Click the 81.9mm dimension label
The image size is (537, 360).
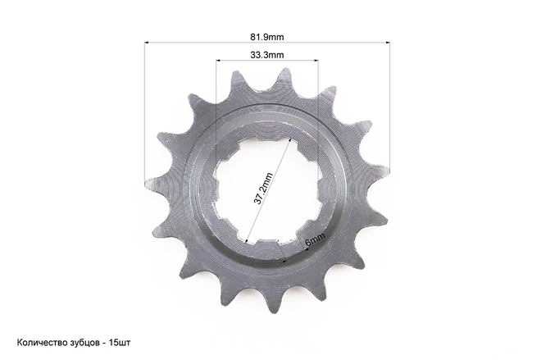click(266, 37)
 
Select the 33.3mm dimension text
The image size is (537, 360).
click(266, 55)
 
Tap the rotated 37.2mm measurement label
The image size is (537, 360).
click(263, 189)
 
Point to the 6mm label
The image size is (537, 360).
click(315, 239)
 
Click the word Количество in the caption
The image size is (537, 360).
click(41, 342)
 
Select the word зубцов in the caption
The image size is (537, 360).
click(83, 343)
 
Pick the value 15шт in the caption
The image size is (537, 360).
click(120, 342)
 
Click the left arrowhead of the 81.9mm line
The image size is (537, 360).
click(146, 43)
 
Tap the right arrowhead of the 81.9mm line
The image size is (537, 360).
click(388, 43)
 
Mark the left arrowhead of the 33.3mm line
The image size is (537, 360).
click(218, 61)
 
